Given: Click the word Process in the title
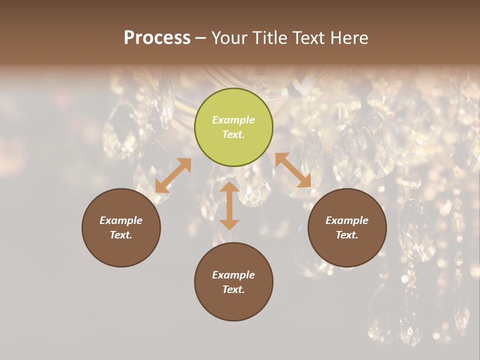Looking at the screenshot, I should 157,38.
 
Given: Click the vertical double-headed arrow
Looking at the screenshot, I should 229,205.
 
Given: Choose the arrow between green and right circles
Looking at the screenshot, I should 293,170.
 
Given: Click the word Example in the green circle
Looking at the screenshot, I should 233,120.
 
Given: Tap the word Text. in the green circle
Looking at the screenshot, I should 233,134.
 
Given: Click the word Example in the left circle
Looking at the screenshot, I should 121,220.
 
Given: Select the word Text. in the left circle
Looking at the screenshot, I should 121,235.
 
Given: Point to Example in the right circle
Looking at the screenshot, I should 347,220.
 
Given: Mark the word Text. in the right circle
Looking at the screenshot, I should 347,235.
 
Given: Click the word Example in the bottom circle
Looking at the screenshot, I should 233,275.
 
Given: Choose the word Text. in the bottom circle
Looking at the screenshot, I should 233,289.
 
